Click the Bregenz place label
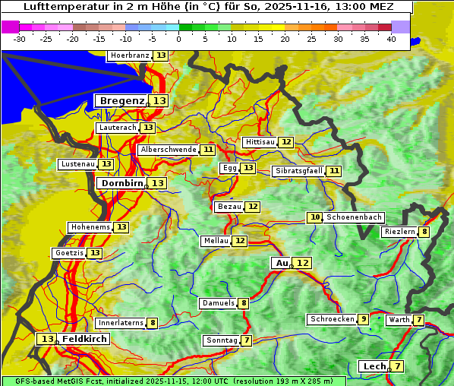coord(121,100)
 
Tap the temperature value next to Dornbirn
coord(157,183)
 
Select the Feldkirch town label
coord(85,339)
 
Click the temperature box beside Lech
coord(397,366)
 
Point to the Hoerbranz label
coord(130,55)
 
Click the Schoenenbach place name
coord(354,217)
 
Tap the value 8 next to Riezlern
coord(424,232)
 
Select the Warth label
coord(399,320)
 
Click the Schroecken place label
coord(332,319)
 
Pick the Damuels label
coord(217,303)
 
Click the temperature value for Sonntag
coord(247,340)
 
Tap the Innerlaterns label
coord(121,323)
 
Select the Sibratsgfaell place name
coord(298,171)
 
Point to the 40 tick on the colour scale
coord(391,39)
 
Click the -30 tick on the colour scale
coord(20,39)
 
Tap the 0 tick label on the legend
coord(178,39)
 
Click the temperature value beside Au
coord(302,263)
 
